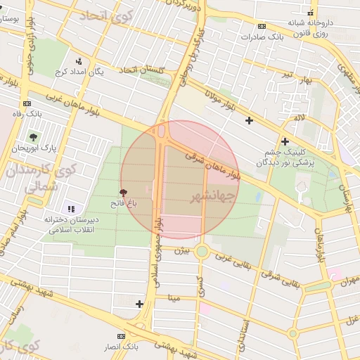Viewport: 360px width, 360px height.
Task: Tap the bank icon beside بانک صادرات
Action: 262,26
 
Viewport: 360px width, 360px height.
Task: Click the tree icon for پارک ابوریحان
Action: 33,136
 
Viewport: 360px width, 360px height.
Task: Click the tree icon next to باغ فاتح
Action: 124,192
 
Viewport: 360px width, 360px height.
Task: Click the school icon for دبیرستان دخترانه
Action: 70,208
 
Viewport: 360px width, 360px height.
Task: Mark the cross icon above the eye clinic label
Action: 285,141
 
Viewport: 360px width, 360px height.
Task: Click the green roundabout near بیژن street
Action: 202,251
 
